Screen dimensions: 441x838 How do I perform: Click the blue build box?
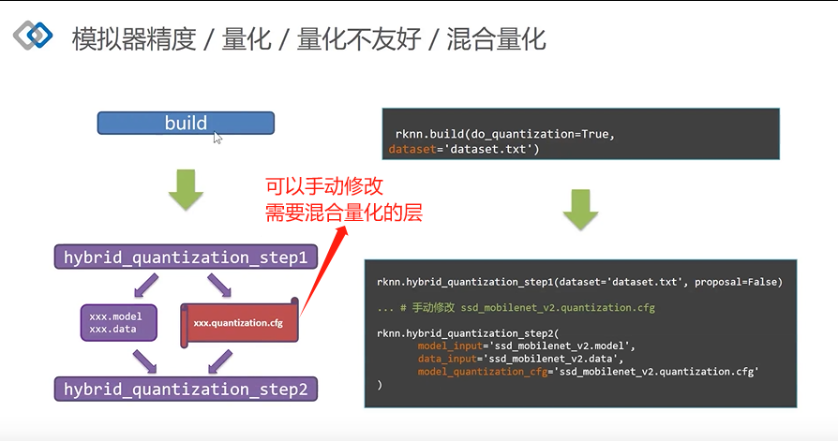pyautogui.click(x=186, y=123)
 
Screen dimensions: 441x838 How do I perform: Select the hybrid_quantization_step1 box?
pyautogui.click(x=186, y=256)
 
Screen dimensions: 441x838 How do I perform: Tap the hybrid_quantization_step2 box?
pyautogui.click(x=186, y=389)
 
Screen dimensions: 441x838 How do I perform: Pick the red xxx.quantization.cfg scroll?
pyautogui.click(x=238, y=323)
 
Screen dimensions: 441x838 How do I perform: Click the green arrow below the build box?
pyautogui.click(x=186, y=190)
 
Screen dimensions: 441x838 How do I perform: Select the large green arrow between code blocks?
pyautogui.click(x=581, y=210)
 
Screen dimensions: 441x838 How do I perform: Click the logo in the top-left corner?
pyautogui.click(x=33, y=36)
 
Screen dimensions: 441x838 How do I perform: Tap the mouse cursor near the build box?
pyautogui.click(x=217, y=138)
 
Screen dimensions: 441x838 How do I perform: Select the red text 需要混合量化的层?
pyautogui.click(x=344, y=213)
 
